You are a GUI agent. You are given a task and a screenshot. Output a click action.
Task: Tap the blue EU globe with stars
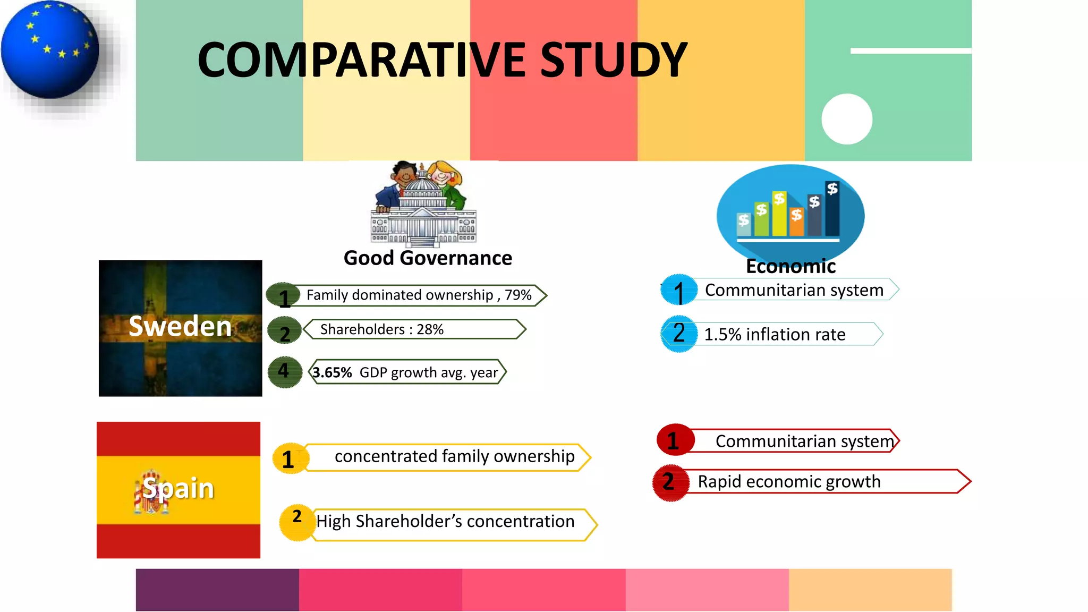click(50, 50)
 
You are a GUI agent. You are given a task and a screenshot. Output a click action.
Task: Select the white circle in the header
click(847, 119)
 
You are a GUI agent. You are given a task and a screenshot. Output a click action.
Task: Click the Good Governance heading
click(428, 258)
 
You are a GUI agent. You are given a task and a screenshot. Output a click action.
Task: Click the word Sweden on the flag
click(180, 326)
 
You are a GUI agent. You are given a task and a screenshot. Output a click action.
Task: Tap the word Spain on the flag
click(178, 488)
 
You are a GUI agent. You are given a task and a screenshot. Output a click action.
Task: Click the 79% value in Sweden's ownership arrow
click(518, 295)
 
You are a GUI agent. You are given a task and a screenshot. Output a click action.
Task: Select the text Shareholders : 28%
click(381, 329)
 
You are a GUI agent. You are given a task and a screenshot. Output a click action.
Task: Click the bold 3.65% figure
click(332, 372)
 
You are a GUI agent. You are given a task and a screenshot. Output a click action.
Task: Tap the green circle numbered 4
click(285, 371)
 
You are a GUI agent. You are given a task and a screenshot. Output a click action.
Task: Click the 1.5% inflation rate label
click(774, 334)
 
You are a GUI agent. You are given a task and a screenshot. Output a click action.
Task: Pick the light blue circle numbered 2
click(678, 334)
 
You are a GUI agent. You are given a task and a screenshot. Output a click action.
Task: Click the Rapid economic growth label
click(789, 481)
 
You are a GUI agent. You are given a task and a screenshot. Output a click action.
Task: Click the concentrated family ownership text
click(454, 456)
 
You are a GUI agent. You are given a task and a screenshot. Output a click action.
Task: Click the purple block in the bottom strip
click(217, 590)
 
